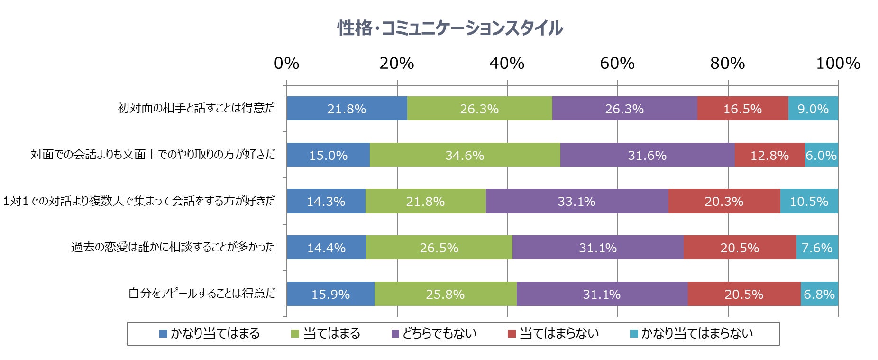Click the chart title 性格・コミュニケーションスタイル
click(x=449, y=28)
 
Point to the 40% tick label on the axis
click(x=507, y=63)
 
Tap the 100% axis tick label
click(x=838, y=63)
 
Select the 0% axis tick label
click(x=286, y=63)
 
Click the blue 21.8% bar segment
click(x=347, y=109)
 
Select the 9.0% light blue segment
click(x=813, y=109)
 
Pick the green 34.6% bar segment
click(x=465, y=155)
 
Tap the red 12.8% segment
click(x=769, y=155)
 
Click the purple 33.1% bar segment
click(x=576, y=201)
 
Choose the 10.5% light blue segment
click(x=809, y=201)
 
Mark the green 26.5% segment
click(x=439, y=248)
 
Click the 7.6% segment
click(x=817, y=248)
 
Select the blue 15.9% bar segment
click(x=330, y=294)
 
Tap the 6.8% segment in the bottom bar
click(x=819, y=294)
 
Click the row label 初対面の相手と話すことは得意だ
click(x=196, y=108)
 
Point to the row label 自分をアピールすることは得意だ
click(x=201, y=294)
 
